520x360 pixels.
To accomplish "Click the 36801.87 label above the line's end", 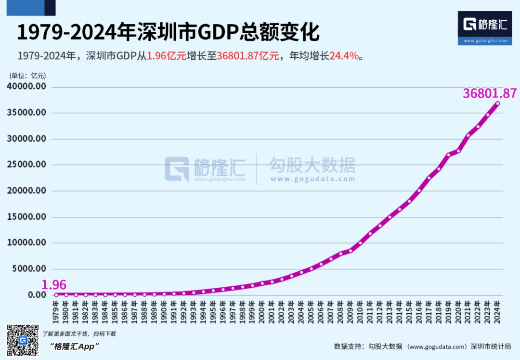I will (490, 93).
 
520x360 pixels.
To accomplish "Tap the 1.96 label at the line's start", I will (54, 285).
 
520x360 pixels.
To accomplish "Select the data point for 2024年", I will (497, 103).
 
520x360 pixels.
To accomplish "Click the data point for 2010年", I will (360, 242).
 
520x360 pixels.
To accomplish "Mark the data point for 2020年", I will (458, 151).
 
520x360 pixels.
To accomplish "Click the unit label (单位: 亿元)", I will (27, 76).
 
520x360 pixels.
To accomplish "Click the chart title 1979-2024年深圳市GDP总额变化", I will (169, 33).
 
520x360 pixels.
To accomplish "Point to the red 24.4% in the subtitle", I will (344, 56).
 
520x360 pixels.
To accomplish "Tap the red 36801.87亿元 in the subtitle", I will (248, 56).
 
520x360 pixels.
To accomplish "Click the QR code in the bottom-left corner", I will (22, 340).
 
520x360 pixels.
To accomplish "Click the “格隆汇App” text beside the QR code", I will (74, 346).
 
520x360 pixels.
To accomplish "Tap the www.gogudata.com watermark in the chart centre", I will (312, 179).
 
